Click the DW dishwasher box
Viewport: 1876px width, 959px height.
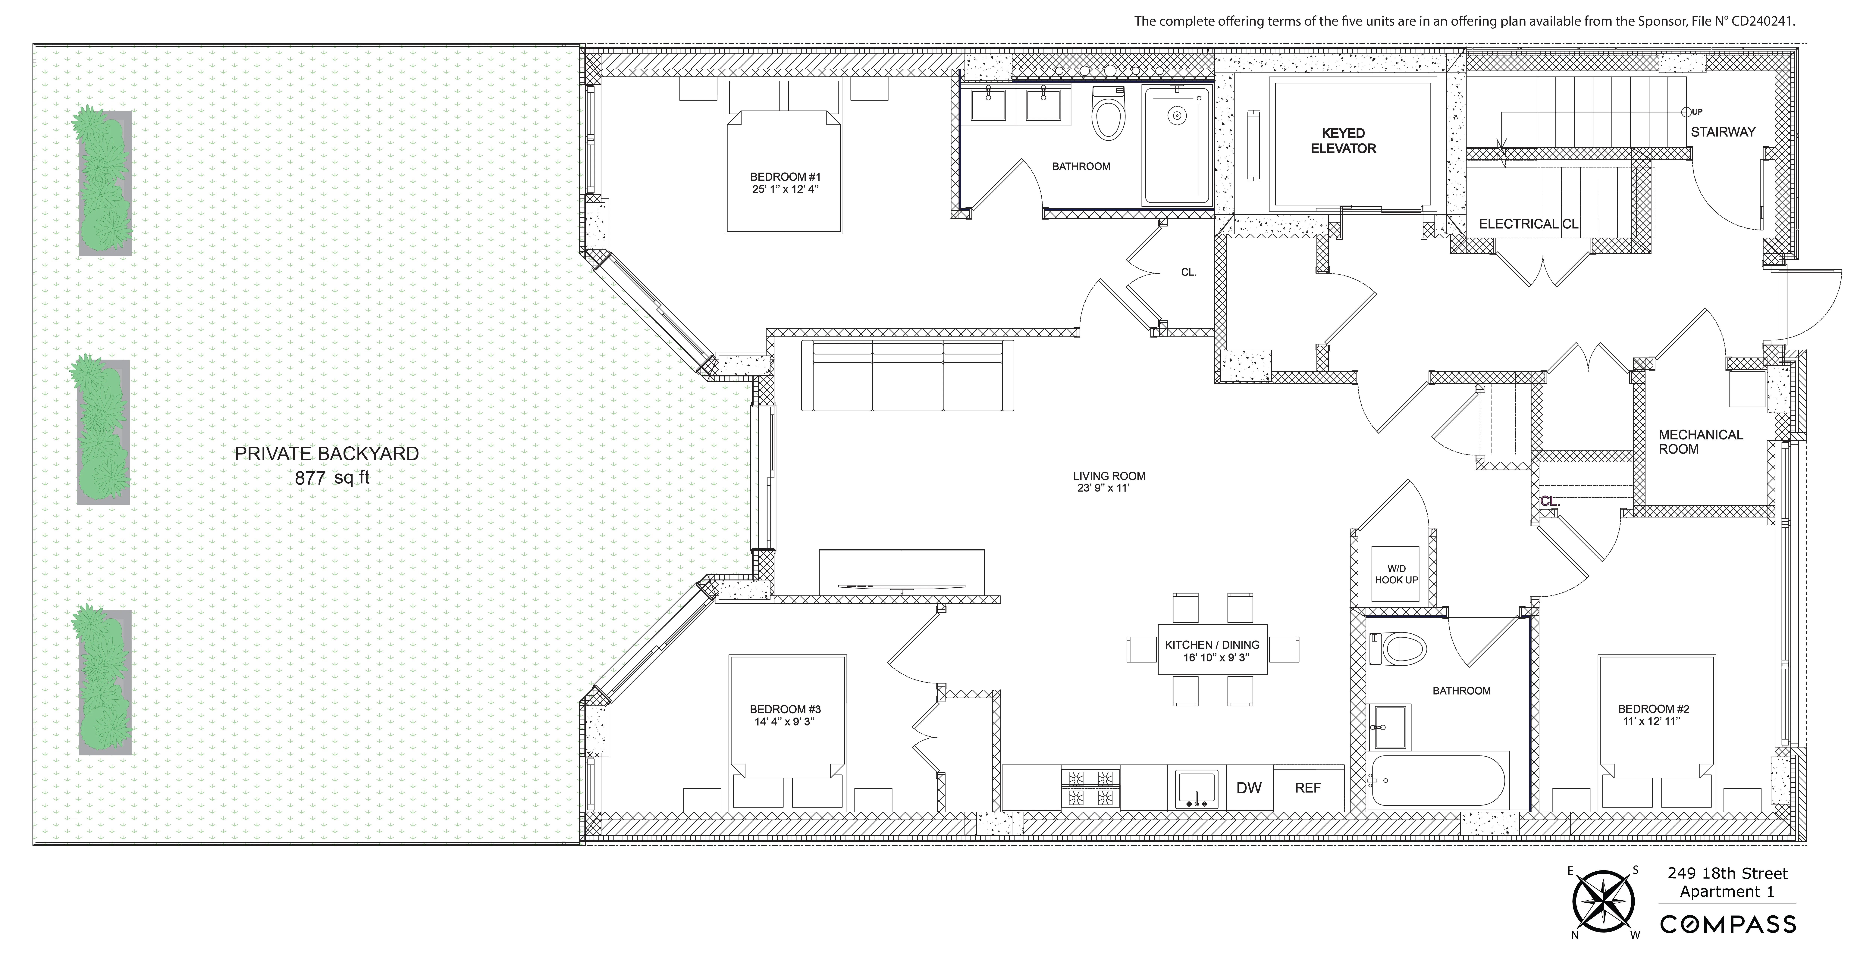coord(1249,788)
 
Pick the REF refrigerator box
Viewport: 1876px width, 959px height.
coord(1308,788)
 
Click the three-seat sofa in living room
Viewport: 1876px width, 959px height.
coord(907,376)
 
